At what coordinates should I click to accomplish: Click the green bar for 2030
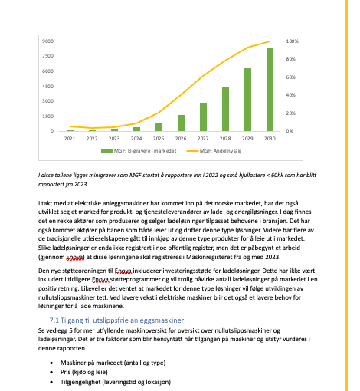tap(270, 90)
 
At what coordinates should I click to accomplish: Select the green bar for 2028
tap(225, 109)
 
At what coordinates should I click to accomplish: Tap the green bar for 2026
tap(181, 123)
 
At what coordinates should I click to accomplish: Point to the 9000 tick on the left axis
tap(47, 41)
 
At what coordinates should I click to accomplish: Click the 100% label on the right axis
tap(292, 41)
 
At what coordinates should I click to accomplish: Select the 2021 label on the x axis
tap(70, 139)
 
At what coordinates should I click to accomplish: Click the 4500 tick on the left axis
tap(47, 86)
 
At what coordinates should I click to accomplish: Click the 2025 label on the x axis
tap(159, 139)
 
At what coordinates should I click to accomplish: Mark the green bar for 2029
tap(247, 100)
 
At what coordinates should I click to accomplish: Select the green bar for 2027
tap(203, 117)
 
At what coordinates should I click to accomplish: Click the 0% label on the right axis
tap(290, 131)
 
